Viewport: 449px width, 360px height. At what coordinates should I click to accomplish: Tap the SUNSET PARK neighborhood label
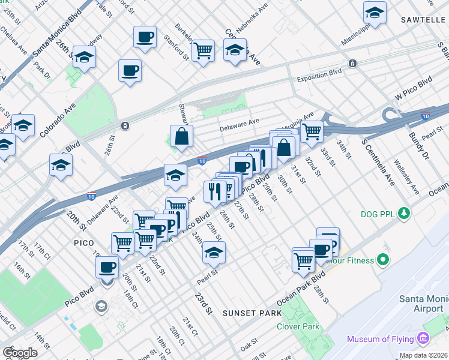click(x=248, y=313)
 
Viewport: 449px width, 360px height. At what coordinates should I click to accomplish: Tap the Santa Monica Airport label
click(x=424, y=304)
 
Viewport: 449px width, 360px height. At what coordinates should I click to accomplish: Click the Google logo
click(x=20, y=353)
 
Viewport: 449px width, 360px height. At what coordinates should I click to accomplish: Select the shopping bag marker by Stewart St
click(x=181, y=136)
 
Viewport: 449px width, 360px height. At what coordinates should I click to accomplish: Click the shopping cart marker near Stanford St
click(x=203, y=49)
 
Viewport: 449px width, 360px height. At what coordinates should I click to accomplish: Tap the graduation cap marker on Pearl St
click(x=213, y=253)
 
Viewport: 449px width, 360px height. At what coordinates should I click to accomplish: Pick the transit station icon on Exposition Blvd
click(x=353, y=63)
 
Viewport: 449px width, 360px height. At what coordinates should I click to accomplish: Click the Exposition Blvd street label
click(x=319, y=79)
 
